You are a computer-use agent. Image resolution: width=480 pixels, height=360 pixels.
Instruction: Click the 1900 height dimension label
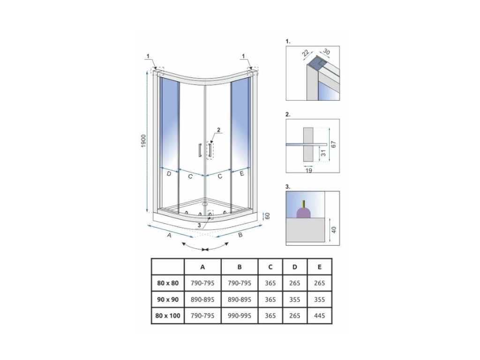144,140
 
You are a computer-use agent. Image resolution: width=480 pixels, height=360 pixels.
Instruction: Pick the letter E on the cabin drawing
242,174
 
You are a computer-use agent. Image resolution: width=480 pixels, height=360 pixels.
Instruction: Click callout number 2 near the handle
218,129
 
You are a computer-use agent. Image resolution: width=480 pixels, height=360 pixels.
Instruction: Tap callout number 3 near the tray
200,225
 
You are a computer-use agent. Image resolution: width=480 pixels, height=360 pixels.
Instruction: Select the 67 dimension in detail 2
334,145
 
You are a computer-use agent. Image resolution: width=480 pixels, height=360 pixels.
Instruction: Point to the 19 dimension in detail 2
309,171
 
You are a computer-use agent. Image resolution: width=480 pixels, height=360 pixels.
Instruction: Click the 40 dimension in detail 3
334,230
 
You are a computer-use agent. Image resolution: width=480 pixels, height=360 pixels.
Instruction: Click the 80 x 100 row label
168,315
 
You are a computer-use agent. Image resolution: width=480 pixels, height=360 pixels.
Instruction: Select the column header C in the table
270,267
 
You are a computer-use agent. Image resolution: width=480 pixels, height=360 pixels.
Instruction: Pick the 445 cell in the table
319,315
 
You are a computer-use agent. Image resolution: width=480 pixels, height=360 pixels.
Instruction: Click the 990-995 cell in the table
240,315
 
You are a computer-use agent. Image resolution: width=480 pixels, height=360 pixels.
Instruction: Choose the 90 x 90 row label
168,299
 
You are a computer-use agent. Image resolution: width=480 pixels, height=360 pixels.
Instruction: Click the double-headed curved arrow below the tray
205,247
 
